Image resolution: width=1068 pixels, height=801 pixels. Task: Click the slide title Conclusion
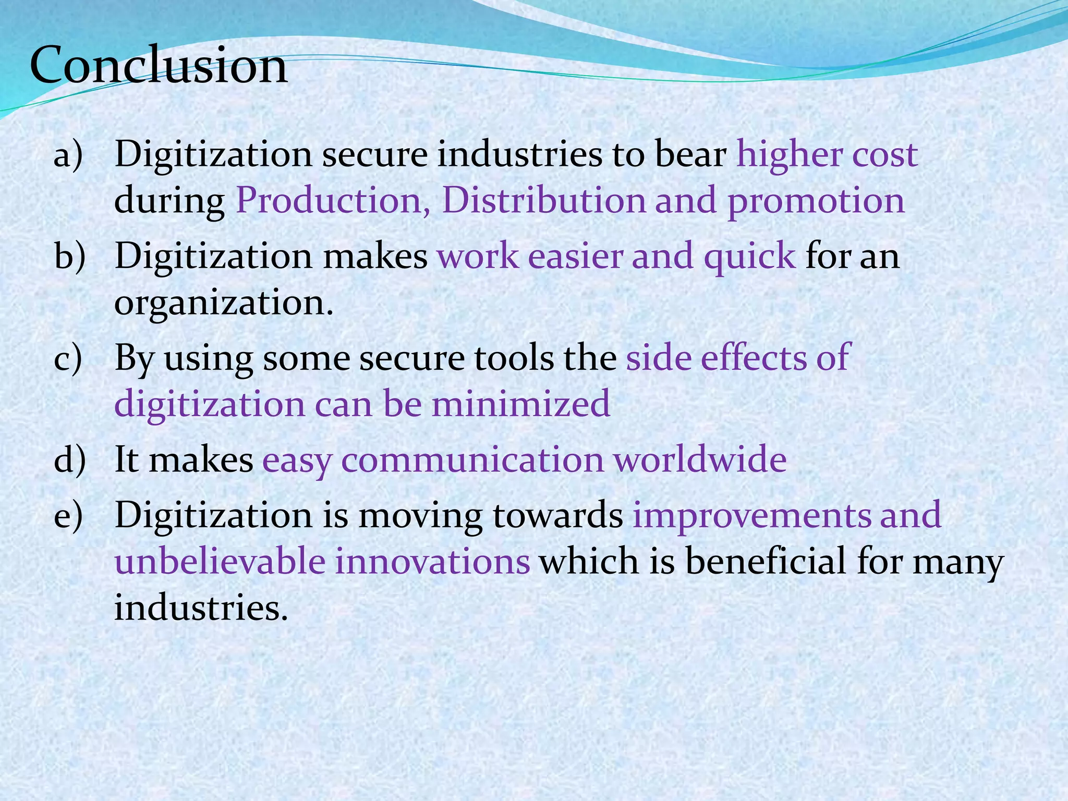pos(159,66)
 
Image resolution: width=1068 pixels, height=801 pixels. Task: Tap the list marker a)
pos(68,155)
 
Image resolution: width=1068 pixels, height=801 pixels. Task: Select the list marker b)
pos(69,256)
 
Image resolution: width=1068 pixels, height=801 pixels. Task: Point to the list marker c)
pos(68,358)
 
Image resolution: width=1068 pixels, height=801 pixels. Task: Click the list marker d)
pos(69,459)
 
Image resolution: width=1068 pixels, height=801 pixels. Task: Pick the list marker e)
pos(68,515)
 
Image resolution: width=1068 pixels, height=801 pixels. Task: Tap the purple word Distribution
pos(543,201)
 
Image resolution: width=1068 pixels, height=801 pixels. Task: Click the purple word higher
pos(789,155)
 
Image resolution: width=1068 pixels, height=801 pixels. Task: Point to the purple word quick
pos(749,257)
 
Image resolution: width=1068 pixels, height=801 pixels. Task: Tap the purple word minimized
pos(520,404)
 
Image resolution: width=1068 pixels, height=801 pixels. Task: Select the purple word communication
pos(472,459)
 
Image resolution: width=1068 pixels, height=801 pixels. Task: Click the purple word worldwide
pos(700,459)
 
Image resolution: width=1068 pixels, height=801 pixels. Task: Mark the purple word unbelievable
pos(220,562)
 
